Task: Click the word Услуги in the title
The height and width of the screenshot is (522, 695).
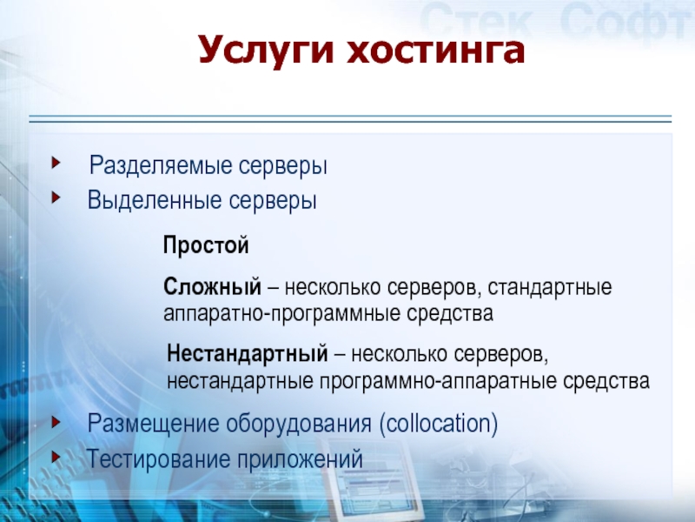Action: (x=265, y=50)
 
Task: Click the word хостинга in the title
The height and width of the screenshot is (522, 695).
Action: (x=435, y=50)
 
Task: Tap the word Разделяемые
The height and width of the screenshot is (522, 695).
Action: (x=161, y=166)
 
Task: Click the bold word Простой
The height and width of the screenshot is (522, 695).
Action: (x=206, y=245)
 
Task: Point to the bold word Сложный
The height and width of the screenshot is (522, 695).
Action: (x=212, y=287)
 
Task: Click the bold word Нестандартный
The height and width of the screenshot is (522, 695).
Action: (x=248, y=354)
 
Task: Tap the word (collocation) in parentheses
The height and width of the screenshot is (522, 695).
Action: (x=439, y=424)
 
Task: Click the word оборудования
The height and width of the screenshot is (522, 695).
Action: (x=299, y=424)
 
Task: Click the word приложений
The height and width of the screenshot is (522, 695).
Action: (x=300, y=459)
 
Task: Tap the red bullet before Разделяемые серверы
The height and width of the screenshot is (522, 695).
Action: (x=56, y=163)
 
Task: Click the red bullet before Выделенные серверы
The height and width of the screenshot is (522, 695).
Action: (x=56, y=197)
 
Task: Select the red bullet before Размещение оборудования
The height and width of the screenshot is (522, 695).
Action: (x=56, y=422)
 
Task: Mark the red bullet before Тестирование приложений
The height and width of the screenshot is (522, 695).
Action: (x=56, y=457)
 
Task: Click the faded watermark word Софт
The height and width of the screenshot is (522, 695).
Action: (x=626, y=19)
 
